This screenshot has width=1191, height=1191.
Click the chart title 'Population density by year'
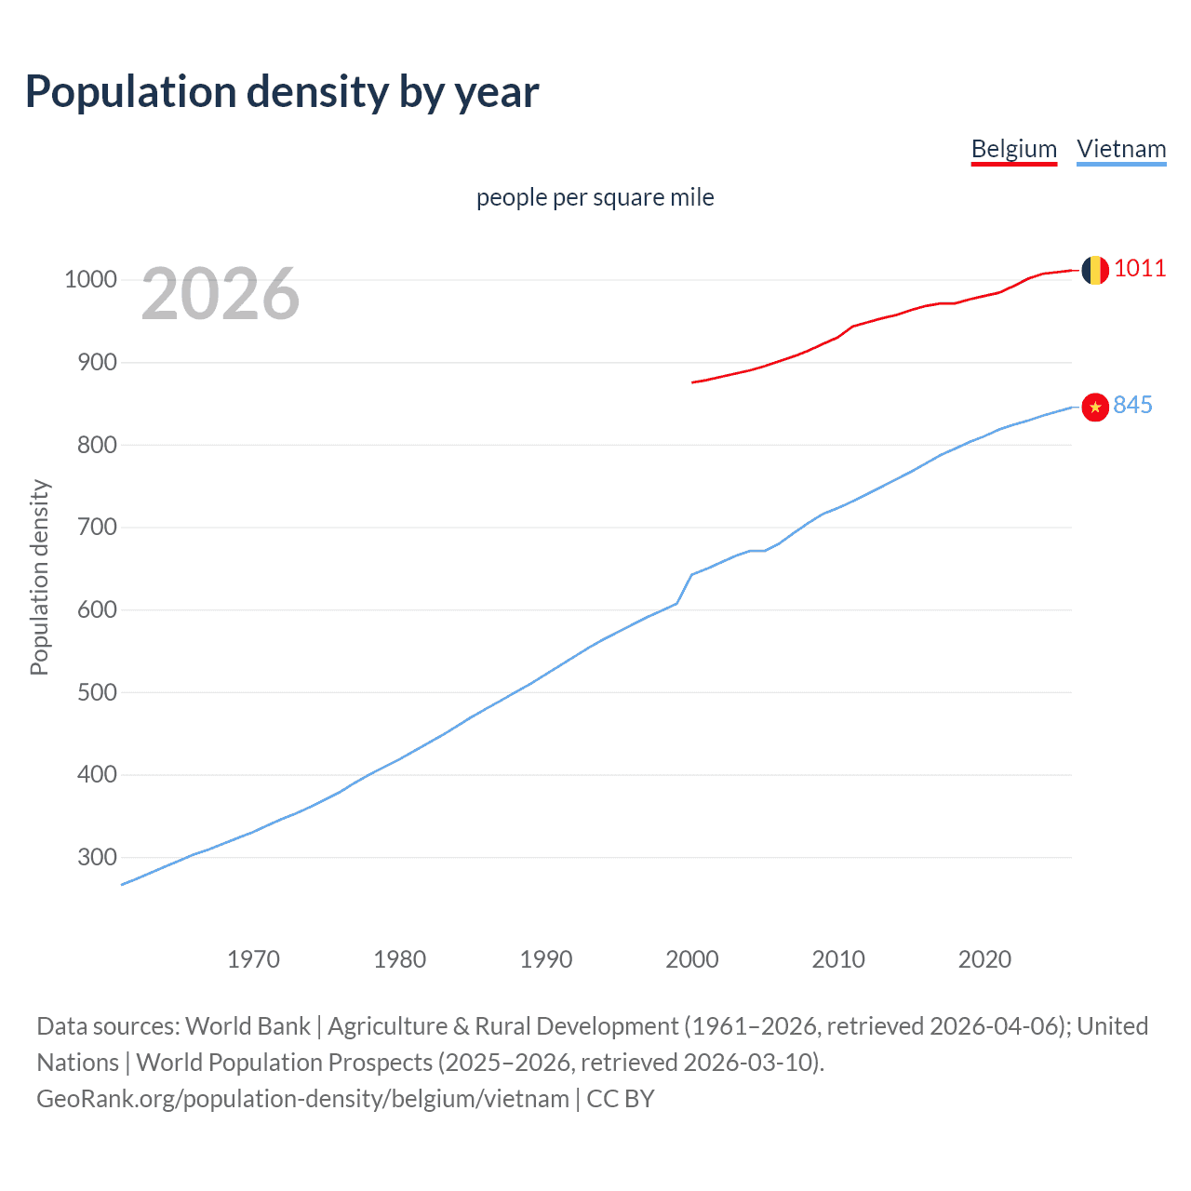point(282,92)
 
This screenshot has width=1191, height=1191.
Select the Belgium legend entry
point(1013,149)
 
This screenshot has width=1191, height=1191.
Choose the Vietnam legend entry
point(1121,149)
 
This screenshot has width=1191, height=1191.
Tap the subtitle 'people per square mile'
point(595,198)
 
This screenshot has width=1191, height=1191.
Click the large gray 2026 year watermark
point(221,294)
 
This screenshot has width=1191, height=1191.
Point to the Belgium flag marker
point(1095,270)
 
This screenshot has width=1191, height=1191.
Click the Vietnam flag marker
point(1095,407)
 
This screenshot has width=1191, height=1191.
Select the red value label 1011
point(1140,268)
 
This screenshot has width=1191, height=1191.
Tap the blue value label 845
point(1132,405)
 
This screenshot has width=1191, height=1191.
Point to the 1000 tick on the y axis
point(90,280)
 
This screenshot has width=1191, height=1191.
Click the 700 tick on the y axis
point(97,528)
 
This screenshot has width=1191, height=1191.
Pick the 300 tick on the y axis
point(97,857)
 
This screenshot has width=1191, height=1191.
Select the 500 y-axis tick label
point(97,692)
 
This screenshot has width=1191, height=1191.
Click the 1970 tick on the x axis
point(253,959)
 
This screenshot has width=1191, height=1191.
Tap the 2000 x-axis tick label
point(692,959)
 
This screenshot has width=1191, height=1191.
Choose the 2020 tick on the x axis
point(984,959)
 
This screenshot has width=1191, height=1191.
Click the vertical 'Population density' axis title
point(39,577)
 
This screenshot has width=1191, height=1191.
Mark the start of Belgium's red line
point(693,381)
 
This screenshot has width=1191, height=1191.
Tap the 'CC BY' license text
point(621,1099)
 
